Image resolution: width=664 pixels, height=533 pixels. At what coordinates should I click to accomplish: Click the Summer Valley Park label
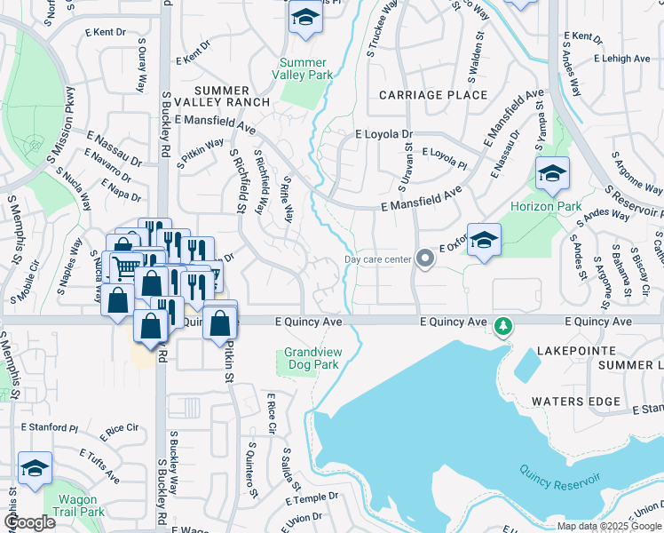click(306, 68)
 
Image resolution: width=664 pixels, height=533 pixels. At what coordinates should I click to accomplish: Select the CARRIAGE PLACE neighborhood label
click(433, 95)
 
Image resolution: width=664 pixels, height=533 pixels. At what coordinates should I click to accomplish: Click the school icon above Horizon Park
click(552, 174)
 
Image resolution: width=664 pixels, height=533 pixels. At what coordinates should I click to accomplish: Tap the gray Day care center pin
click(425, 259)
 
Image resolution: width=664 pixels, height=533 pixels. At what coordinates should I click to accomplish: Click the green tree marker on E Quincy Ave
click(503, 327)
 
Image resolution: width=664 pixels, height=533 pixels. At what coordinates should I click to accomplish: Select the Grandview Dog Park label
click(312, 358)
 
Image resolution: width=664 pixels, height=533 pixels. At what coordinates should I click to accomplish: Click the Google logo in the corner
click(28, 522)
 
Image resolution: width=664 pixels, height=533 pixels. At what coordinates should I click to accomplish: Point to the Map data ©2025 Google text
click(608, 526)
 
